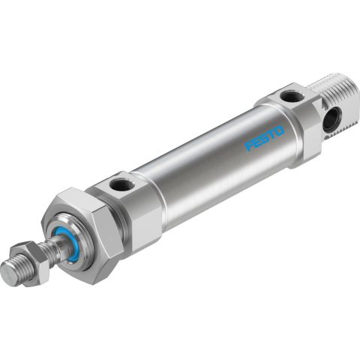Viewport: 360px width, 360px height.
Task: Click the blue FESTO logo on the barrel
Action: click(263, 138)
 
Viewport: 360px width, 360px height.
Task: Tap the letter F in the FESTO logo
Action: click(250, 146)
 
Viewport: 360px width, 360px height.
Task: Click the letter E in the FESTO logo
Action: click(256, 142)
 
